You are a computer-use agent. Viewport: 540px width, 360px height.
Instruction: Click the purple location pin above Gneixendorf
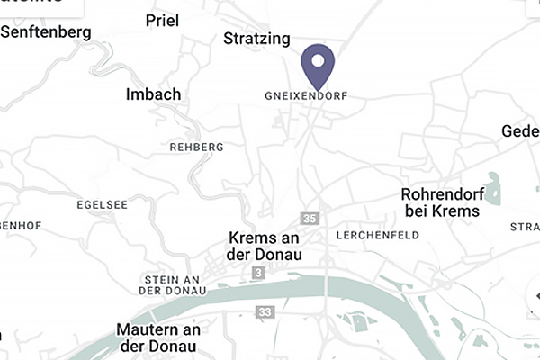(x=317, y=65)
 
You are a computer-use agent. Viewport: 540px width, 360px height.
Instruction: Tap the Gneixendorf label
(x=306, y=94)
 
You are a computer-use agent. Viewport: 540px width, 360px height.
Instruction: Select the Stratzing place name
(x=256, y=39)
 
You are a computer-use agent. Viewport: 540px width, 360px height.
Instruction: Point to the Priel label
(x=161, y=20)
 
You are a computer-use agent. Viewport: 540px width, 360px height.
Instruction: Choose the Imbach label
(x=154, y=94)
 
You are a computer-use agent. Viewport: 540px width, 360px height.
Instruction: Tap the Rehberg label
(x=196, y=146)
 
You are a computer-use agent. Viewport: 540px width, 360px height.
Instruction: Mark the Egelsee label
(x=102, y=204)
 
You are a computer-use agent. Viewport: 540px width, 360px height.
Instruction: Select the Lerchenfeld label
(x=377, y=235)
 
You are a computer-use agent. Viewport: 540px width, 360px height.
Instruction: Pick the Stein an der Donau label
(x=175, y=284)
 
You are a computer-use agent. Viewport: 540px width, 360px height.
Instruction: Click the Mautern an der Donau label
(x=157, y=337)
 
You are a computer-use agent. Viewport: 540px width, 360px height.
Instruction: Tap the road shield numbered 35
(x=310, y=219)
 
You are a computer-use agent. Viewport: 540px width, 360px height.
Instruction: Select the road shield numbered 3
(x=258, y=272)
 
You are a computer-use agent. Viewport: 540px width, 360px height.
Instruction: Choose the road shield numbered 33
(x=265, y=311)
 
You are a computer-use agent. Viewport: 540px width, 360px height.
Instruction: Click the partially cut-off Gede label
(x=520, y=131)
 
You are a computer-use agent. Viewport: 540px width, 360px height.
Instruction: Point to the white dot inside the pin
(x=317, y=59)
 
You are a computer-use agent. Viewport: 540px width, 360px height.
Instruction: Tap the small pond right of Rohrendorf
(x=493, y=188)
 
